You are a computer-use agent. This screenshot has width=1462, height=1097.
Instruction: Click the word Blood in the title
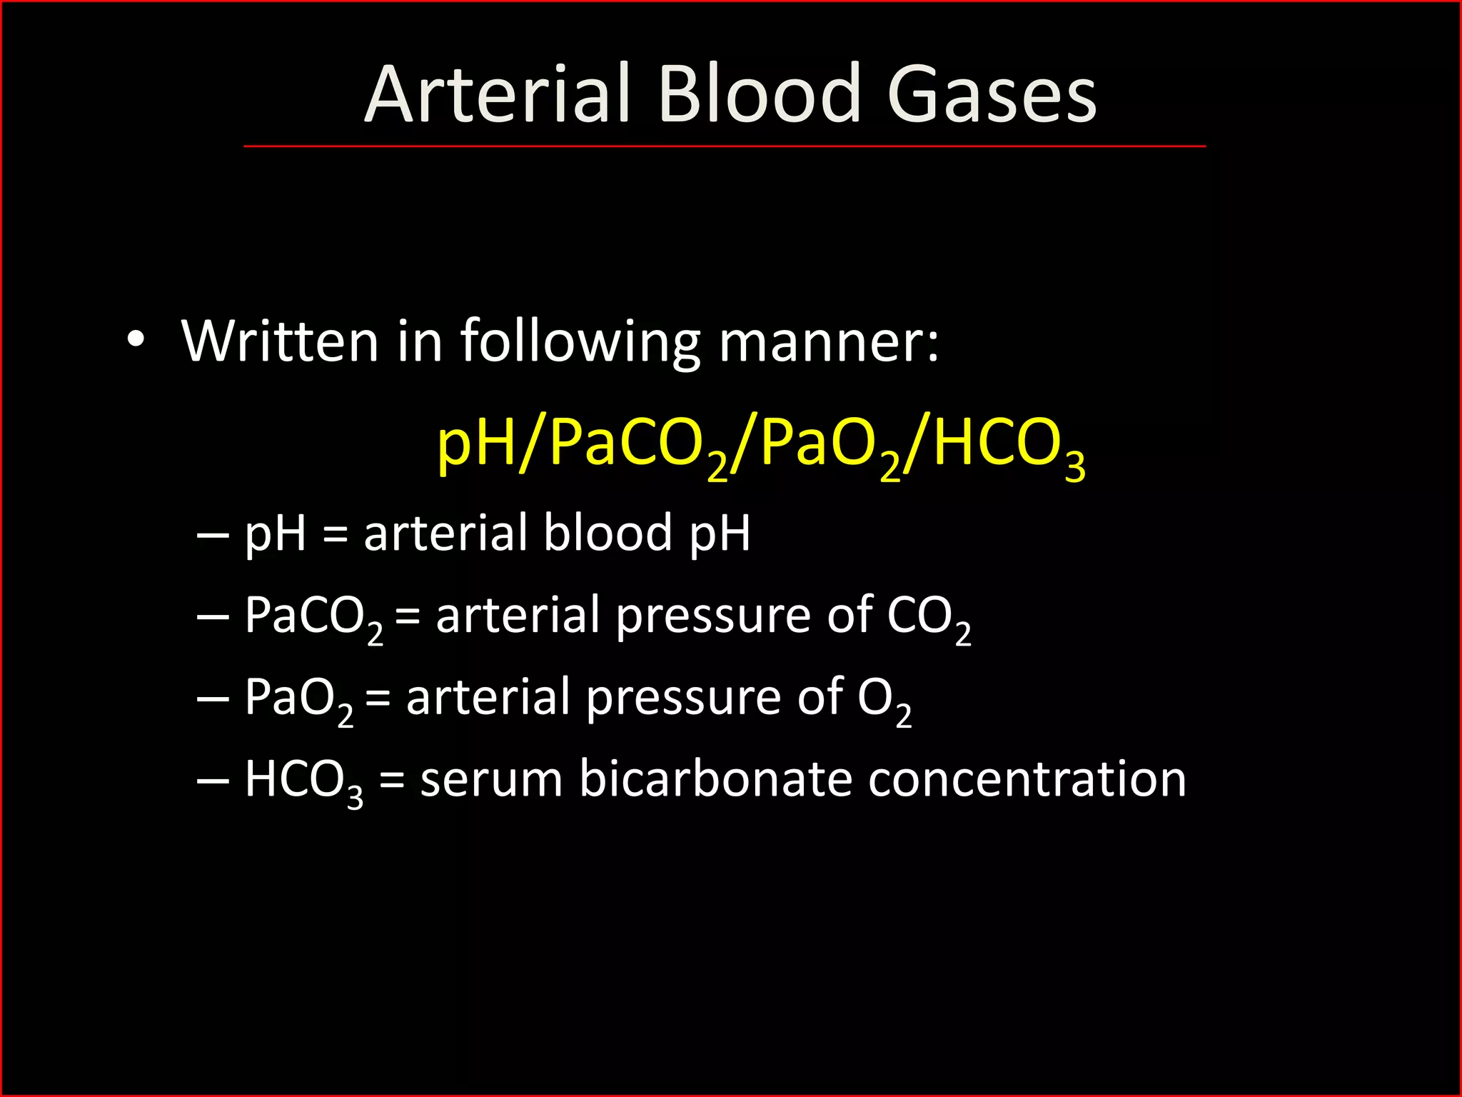[759, 95]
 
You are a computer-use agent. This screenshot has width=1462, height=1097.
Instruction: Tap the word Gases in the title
[992, 95]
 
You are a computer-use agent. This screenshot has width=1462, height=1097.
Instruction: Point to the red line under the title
[724, 146]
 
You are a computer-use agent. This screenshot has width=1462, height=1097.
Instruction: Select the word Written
[280, 341]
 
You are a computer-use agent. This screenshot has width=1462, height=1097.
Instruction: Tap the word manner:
[828, 341]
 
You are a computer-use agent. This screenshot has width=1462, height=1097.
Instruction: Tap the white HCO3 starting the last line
[303, 781]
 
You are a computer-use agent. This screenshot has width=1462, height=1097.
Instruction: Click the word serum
[491, 779]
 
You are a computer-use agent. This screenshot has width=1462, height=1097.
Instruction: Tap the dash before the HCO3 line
[213, 781]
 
